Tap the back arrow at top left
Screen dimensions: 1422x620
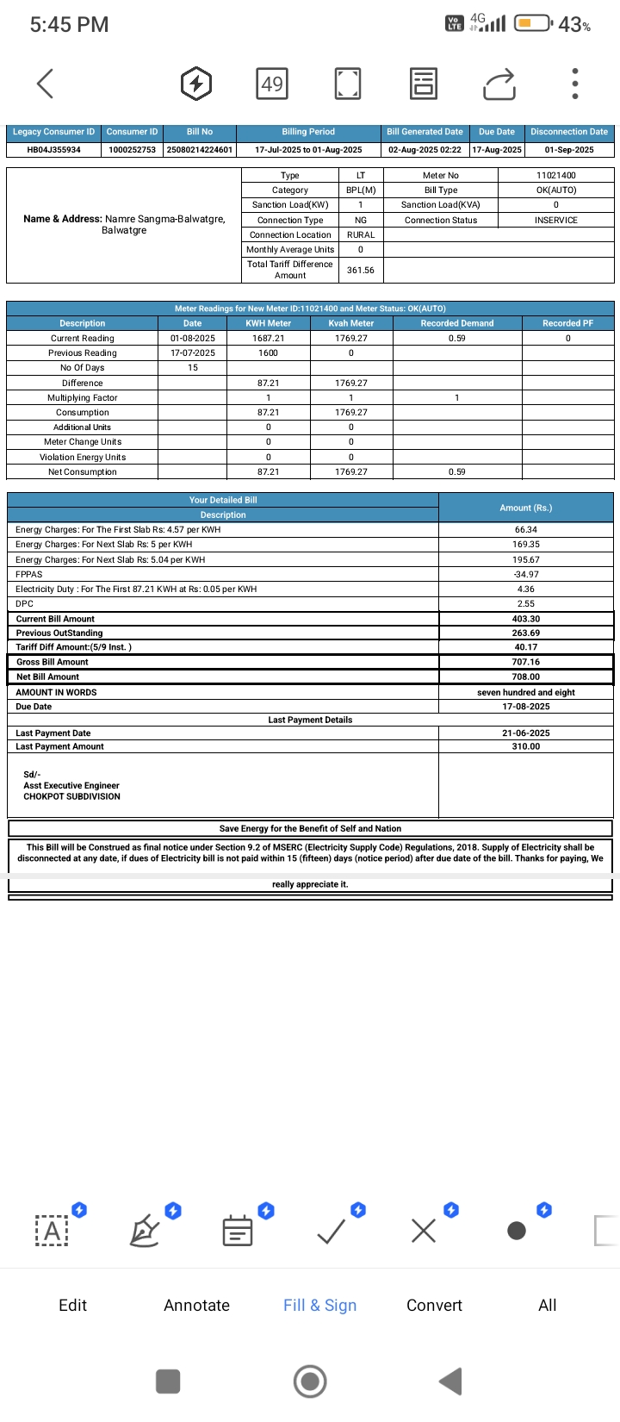point(46,84)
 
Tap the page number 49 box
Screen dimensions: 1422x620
point(272,84)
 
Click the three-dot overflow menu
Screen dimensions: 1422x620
point(575,84)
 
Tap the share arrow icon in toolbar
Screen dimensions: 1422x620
point(499,84)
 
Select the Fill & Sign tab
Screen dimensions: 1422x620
point(319,1305)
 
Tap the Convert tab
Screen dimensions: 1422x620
point(434,1305)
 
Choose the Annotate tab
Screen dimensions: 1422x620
point(196,1305)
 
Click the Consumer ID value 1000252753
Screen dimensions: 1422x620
point(133,150)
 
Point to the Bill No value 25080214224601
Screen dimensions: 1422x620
point(200,150)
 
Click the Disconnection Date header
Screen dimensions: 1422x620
point(569,132)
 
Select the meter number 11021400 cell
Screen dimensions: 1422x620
point(556,176)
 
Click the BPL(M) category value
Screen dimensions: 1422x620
point(361,190)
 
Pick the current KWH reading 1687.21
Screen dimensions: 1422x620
point(268,339)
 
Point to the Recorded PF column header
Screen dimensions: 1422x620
point(567,323)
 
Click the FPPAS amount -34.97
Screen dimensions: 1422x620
point(526,575)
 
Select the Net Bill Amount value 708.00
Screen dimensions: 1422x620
point(526,677)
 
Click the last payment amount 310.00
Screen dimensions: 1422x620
point(526,747)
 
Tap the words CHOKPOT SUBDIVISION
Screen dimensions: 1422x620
point(71,797)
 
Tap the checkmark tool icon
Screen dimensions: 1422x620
point(332,1231)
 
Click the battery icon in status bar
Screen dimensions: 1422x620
point(533,24)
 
